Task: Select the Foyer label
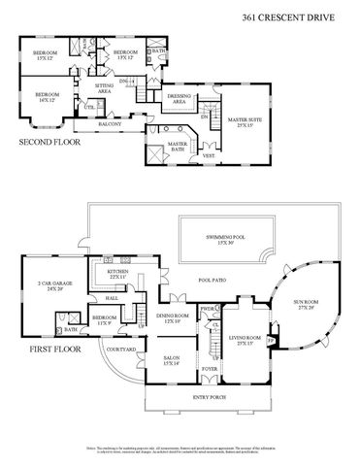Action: [210, 368]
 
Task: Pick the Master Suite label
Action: [239, 122]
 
